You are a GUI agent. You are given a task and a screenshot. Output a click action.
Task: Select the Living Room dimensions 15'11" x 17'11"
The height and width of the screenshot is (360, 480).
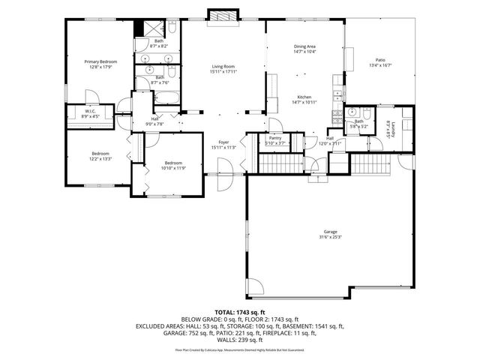(x=224, y=72)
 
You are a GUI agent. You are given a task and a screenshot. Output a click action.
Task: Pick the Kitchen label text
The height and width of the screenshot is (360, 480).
(x=304, y=97)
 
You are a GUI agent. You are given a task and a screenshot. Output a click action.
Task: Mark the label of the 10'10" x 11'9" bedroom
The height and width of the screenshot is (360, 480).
(x=172, y=163)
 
